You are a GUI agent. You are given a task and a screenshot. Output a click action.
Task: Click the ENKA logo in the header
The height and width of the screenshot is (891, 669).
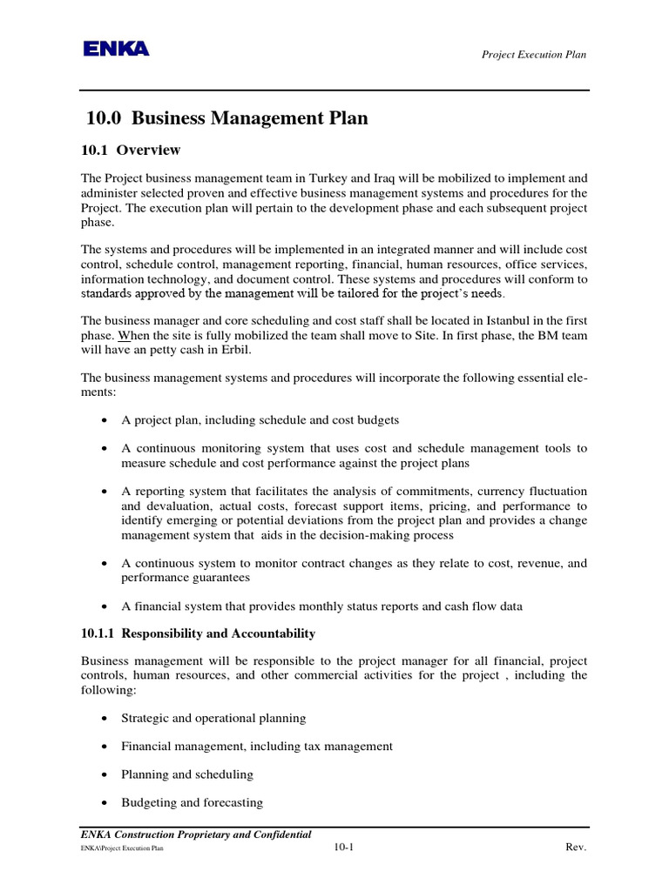pos(116,50)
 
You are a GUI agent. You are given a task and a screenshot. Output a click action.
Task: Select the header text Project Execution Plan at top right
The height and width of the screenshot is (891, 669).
pos(534,55)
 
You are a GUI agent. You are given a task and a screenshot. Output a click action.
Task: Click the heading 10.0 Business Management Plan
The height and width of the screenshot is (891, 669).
pos(226,119)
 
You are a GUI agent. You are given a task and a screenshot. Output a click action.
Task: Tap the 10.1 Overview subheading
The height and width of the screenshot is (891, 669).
pos(131,150)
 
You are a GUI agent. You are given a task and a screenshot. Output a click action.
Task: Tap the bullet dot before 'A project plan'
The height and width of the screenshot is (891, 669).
pos(105,420)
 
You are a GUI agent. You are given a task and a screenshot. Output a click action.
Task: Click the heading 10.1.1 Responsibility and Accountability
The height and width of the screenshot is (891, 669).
pos(198,633)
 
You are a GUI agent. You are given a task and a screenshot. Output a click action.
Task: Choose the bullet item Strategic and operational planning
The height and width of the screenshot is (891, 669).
pos(213,718)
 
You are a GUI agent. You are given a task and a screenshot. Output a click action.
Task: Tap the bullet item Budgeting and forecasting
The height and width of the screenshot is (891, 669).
pos(192,802)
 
